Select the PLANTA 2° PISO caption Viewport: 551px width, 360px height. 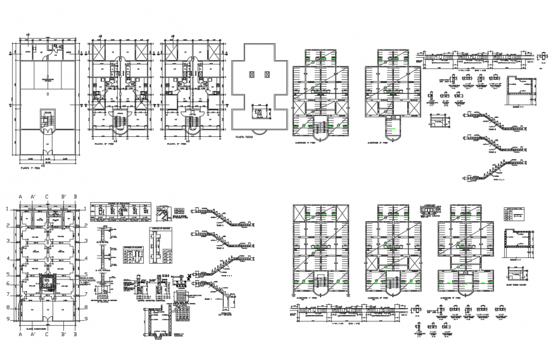[x=104, y=145]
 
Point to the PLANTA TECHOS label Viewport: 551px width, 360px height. [x=244, y=136]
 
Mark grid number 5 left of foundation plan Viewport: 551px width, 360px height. [x=8, y=274]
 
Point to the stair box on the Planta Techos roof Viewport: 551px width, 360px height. [x=258, y=112]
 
